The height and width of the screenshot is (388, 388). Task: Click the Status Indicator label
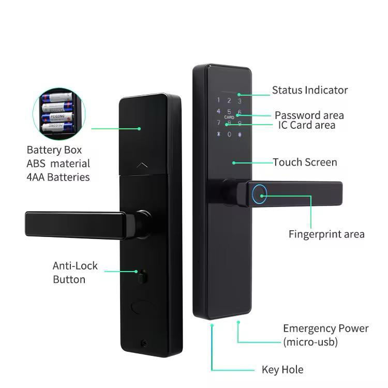(x=310, y=90)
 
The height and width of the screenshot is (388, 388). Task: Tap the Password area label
(x=309, y=115)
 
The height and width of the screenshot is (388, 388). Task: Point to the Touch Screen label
(x=305, y=162)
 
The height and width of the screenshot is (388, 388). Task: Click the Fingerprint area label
(x=326, y=234)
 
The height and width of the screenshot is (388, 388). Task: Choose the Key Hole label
(x=282, y=370)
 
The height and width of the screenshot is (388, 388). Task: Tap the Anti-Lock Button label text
(x=74, y=273)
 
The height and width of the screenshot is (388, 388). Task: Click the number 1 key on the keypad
(x=218, y=101)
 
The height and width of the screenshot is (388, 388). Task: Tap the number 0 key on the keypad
(x=229, y=135)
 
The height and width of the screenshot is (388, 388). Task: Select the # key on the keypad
(x=240, y=135)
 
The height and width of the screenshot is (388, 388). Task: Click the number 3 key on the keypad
(x=240, y=101)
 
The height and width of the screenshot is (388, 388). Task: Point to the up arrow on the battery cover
(x=143, y=165)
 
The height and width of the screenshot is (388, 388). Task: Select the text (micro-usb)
(x=310, y=342)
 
